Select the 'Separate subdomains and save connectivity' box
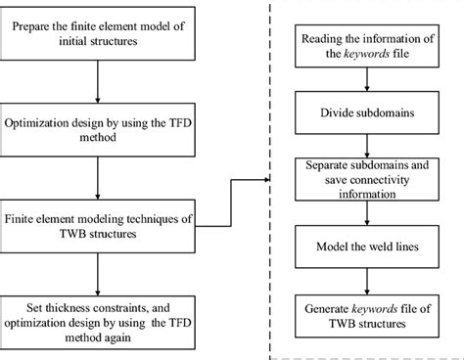pyautogui.click(x=355, y=178)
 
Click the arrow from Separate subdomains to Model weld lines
pyautogui.click(x=355, y=211)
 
